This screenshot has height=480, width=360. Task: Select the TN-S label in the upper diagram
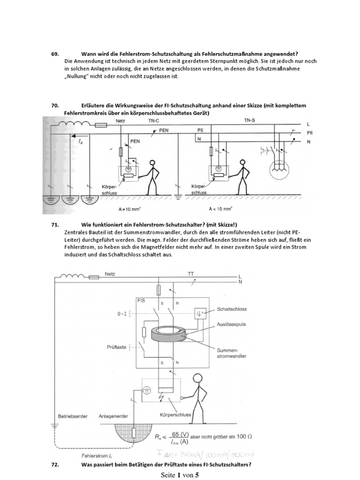click(249, 120)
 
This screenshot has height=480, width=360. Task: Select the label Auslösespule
click(230, 323)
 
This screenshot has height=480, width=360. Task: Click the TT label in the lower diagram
click(191, 273)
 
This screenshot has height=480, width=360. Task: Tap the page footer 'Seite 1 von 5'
click(180, 474)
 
